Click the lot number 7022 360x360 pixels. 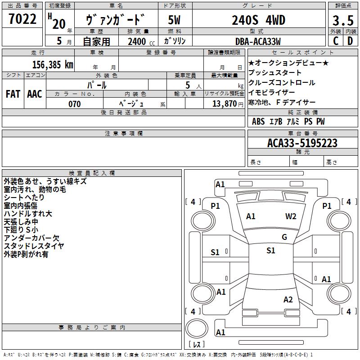tap(22, 20)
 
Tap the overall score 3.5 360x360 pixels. tap(342, 21)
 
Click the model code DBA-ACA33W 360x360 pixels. tap(258, 41)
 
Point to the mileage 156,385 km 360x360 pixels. tap(53, 64)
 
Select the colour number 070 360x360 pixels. tap(74, 104)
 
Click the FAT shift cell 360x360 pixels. tap(13, 94)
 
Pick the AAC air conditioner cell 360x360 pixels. tap(35, 94)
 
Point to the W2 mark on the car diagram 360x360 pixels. tap(291, 216)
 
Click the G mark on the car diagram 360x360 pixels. tap(284, 237)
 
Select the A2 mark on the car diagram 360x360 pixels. tap(288, 300)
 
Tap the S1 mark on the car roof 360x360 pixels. tap(270, 251)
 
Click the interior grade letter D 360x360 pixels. tap(350, 41)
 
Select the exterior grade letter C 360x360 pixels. tap(335, 41)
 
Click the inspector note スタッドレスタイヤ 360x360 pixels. tap(34, 246)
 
